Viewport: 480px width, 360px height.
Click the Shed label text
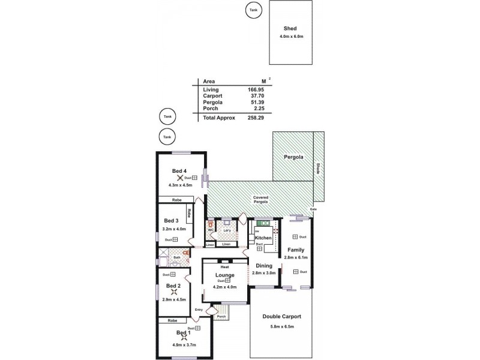[x=291, y=28]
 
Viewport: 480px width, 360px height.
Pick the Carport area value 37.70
[x=256, y=95]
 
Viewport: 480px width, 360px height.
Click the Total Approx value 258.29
[x=255, y=118]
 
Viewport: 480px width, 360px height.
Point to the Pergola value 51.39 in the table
[x=256, y=102]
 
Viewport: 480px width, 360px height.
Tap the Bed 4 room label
[x=179, y=171]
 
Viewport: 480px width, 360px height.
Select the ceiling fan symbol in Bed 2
[x=173, y=293]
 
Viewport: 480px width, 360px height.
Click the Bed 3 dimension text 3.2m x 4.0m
[x=174, y=229]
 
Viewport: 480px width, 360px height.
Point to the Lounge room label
[x=224, y=275]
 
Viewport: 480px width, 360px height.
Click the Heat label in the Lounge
[x=224, y=267]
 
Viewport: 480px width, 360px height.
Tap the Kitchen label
[x=263, y=238]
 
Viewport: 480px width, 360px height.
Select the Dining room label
[x=264, y=265]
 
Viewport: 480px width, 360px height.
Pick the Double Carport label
[x=282, y=316]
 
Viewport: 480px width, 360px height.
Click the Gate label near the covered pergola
[x=313, y=209]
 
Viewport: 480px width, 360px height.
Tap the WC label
[x=211, y=230]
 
